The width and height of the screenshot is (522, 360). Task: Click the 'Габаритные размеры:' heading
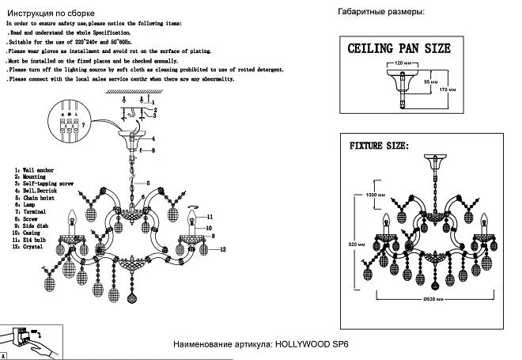pyautogui.click(x=380, y=13)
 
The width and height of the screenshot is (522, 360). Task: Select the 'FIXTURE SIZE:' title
pyautogui.click(x=379, y=147)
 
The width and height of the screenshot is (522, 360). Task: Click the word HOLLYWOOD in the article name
pyautogui.click(x=304, y=345)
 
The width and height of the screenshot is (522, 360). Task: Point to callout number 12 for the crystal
pyautogui.click(x=224, y=249)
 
